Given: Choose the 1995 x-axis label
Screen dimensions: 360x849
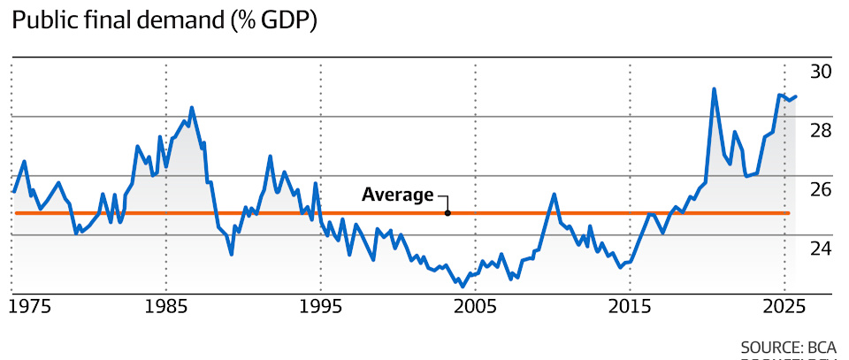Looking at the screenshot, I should tap(320, 307).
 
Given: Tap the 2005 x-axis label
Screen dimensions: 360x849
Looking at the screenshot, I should tap(475, 307).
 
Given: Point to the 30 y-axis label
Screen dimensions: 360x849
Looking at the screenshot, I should tap(821, 72).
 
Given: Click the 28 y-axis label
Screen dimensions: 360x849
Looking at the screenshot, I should tap(821, 131).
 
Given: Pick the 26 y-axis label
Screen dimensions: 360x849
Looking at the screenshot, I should tap(821, 189).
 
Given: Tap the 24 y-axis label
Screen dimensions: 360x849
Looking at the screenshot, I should tap(821, 249).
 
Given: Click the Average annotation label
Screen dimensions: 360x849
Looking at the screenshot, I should tap(398, 195).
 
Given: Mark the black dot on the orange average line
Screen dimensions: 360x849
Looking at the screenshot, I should tap(447, 213).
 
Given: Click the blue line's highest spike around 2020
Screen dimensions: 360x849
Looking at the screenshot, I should tap(714, 88).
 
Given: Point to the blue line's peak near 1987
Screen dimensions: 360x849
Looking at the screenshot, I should tap(192, 108).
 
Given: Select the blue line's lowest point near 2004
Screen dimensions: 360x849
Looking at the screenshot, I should tap(463, 287).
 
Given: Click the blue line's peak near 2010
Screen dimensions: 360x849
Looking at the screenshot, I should tap(553, 194).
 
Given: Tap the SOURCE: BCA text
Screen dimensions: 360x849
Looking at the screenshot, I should tap(789, 346).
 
